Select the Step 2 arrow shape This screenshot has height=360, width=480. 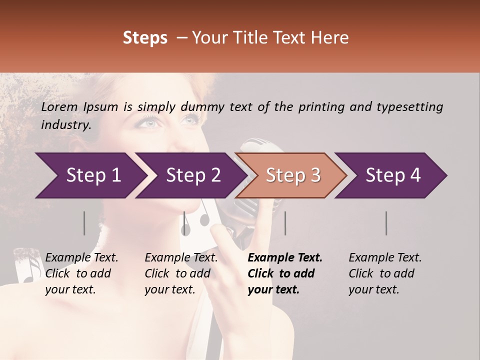click(x=190, y=175)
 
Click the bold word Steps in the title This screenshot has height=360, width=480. click(x=145, y=38)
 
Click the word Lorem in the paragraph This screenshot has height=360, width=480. click(x=59, y=106)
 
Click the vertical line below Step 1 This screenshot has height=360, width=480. click(x=84, y=223)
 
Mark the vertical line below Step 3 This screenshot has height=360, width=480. click(x=285, y=223)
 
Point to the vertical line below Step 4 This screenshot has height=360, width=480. click(x=386, y=223)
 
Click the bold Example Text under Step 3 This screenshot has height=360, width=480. click(x=285, y=258)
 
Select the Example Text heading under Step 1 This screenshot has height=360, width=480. click(x=81, y=258)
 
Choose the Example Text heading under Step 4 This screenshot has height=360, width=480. click(x=385, y=258)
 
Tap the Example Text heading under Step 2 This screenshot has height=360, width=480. click(x=181, y=258)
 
